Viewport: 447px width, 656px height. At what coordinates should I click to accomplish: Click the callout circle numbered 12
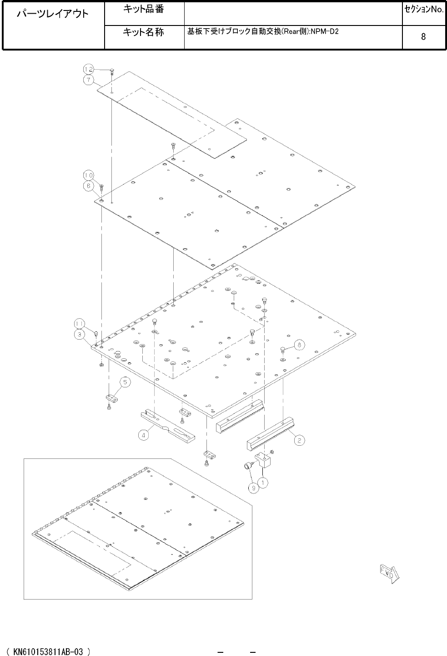88,69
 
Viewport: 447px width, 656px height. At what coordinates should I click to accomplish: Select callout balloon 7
88,80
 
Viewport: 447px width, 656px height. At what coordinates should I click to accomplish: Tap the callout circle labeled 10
88,175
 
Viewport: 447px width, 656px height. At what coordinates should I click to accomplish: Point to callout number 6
88,186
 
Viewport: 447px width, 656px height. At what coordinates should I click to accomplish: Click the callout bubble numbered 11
79,324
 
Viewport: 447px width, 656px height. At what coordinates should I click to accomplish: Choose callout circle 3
79,335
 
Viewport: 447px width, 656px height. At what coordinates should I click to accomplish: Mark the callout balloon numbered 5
125,382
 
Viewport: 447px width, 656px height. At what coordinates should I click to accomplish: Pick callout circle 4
143,436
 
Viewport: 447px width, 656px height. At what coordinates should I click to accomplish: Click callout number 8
299,345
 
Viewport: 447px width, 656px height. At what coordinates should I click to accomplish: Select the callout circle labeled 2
299,441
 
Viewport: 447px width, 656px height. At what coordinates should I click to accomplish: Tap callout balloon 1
263,483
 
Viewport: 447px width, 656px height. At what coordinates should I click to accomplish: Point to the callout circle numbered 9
254,488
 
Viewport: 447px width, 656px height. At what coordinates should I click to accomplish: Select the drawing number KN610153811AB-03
48,651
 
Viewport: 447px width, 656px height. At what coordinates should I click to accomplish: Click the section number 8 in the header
423,36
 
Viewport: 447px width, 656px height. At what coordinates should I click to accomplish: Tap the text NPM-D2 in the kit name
325,31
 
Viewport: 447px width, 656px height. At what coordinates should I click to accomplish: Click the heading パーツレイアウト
53,14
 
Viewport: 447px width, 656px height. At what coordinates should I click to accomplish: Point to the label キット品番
143,9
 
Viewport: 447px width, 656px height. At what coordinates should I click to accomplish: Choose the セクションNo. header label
424,10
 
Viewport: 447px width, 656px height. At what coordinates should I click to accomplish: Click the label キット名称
143,32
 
